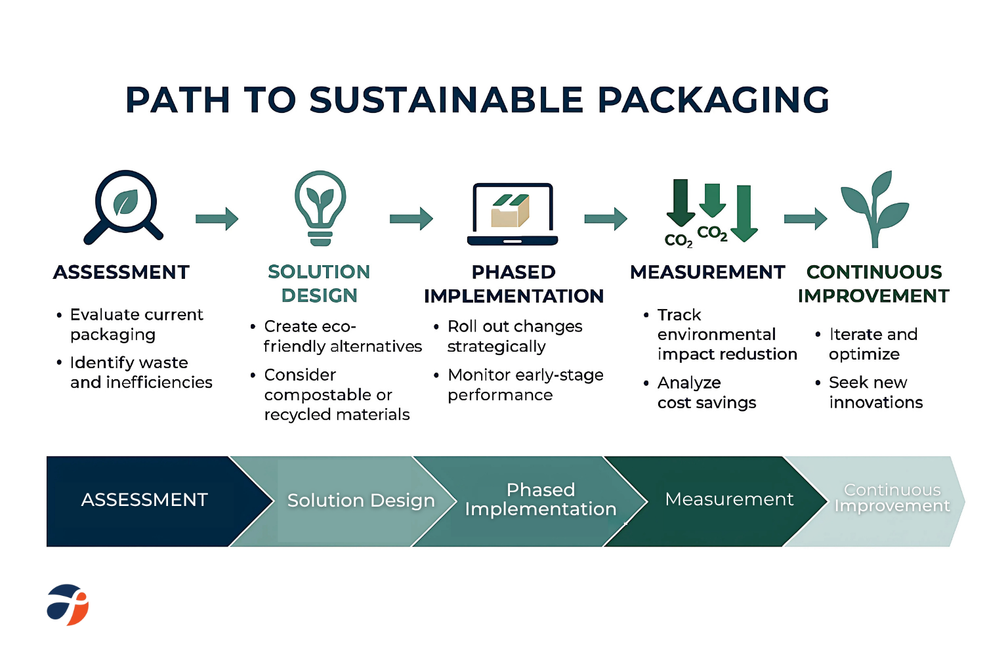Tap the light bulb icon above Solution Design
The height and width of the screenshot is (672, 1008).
tap(320, 208)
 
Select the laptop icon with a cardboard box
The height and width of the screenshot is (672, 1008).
tap(512, 214)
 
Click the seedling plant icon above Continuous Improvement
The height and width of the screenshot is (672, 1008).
tap(875, 209)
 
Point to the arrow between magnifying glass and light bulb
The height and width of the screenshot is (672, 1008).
tap(217, 219)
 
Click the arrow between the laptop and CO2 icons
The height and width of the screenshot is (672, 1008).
tap(606, 219)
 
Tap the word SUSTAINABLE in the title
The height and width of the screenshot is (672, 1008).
tap(446, 100)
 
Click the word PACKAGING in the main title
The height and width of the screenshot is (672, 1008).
tap(713, 100)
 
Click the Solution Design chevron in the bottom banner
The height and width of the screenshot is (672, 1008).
tap(346, 501)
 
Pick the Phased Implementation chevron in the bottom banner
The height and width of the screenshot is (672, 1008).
tap(531, 501)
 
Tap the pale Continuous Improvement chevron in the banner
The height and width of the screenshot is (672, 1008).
tap(882, 501)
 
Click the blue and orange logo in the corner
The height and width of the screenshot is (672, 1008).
tap(68, 604)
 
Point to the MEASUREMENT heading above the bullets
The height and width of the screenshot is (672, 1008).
tap(707, 272)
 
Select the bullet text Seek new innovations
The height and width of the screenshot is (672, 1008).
tap(875, 392)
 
